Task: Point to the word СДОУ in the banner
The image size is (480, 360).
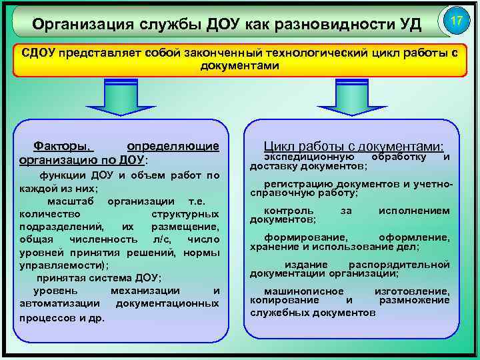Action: click(x=37, y=54)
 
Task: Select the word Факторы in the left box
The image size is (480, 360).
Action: click(x=63, y=145)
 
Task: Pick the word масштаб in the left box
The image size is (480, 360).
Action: click(x=72, y=201)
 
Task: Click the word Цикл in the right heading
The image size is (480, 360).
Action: click(x=279, y=147)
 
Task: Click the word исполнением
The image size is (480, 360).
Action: click(x=413, y=211)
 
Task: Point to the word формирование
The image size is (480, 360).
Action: click(x=305, y=237)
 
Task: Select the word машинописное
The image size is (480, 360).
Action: click(x=304, y=291)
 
